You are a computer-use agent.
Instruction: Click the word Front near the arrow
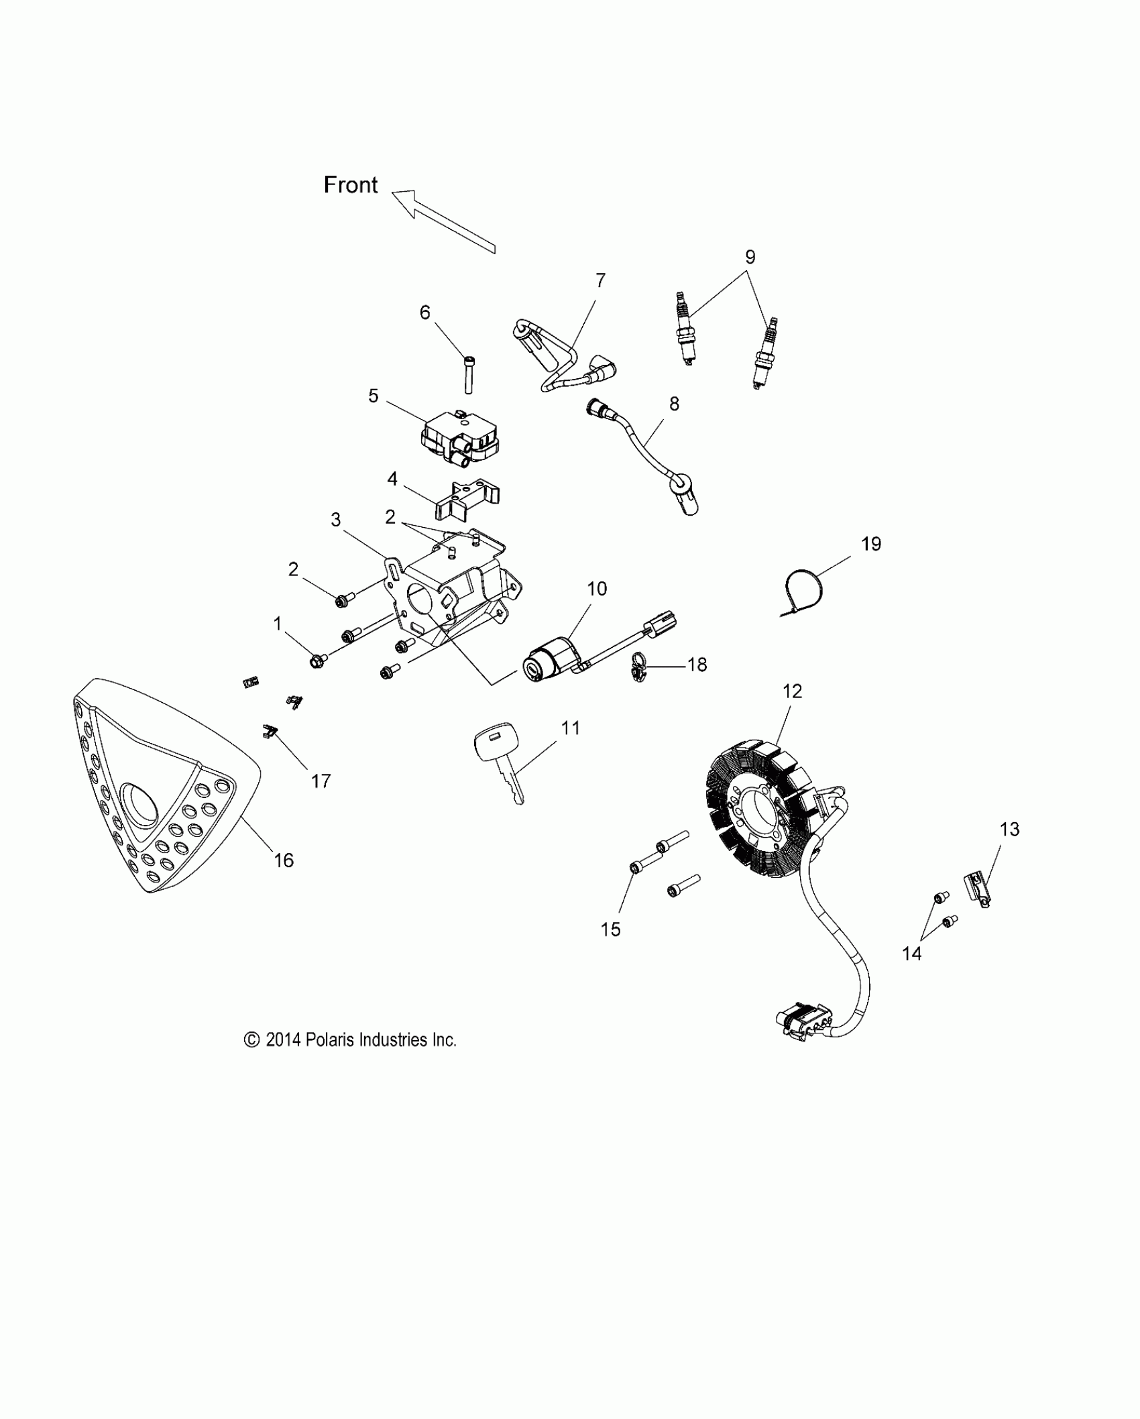tap(351, 185)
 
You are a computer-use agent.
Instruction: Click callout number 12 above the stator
tap(792, 691)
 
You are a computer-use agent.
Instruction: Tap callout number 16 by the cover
tap(284, 860)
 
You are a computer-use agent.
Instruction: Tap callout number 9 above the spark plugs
tap(750, 257)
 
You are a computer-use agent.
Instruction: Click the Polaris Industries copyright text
tap(350, 1040)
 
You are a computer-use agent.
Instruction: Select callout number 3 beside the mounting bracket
tap(336, 520)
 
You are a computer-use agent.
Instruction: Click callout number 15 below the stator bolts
tap(610, 929)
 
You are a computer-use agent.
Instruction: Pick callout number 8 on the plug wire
tap(674, 404)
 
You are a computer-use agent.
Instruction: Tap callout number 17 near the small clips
tap(321, 781)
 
